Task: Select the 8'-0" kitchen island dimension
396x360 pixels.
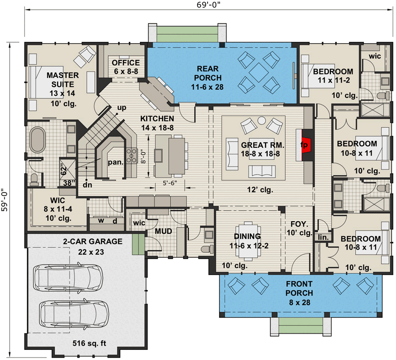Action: [142, 156]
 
